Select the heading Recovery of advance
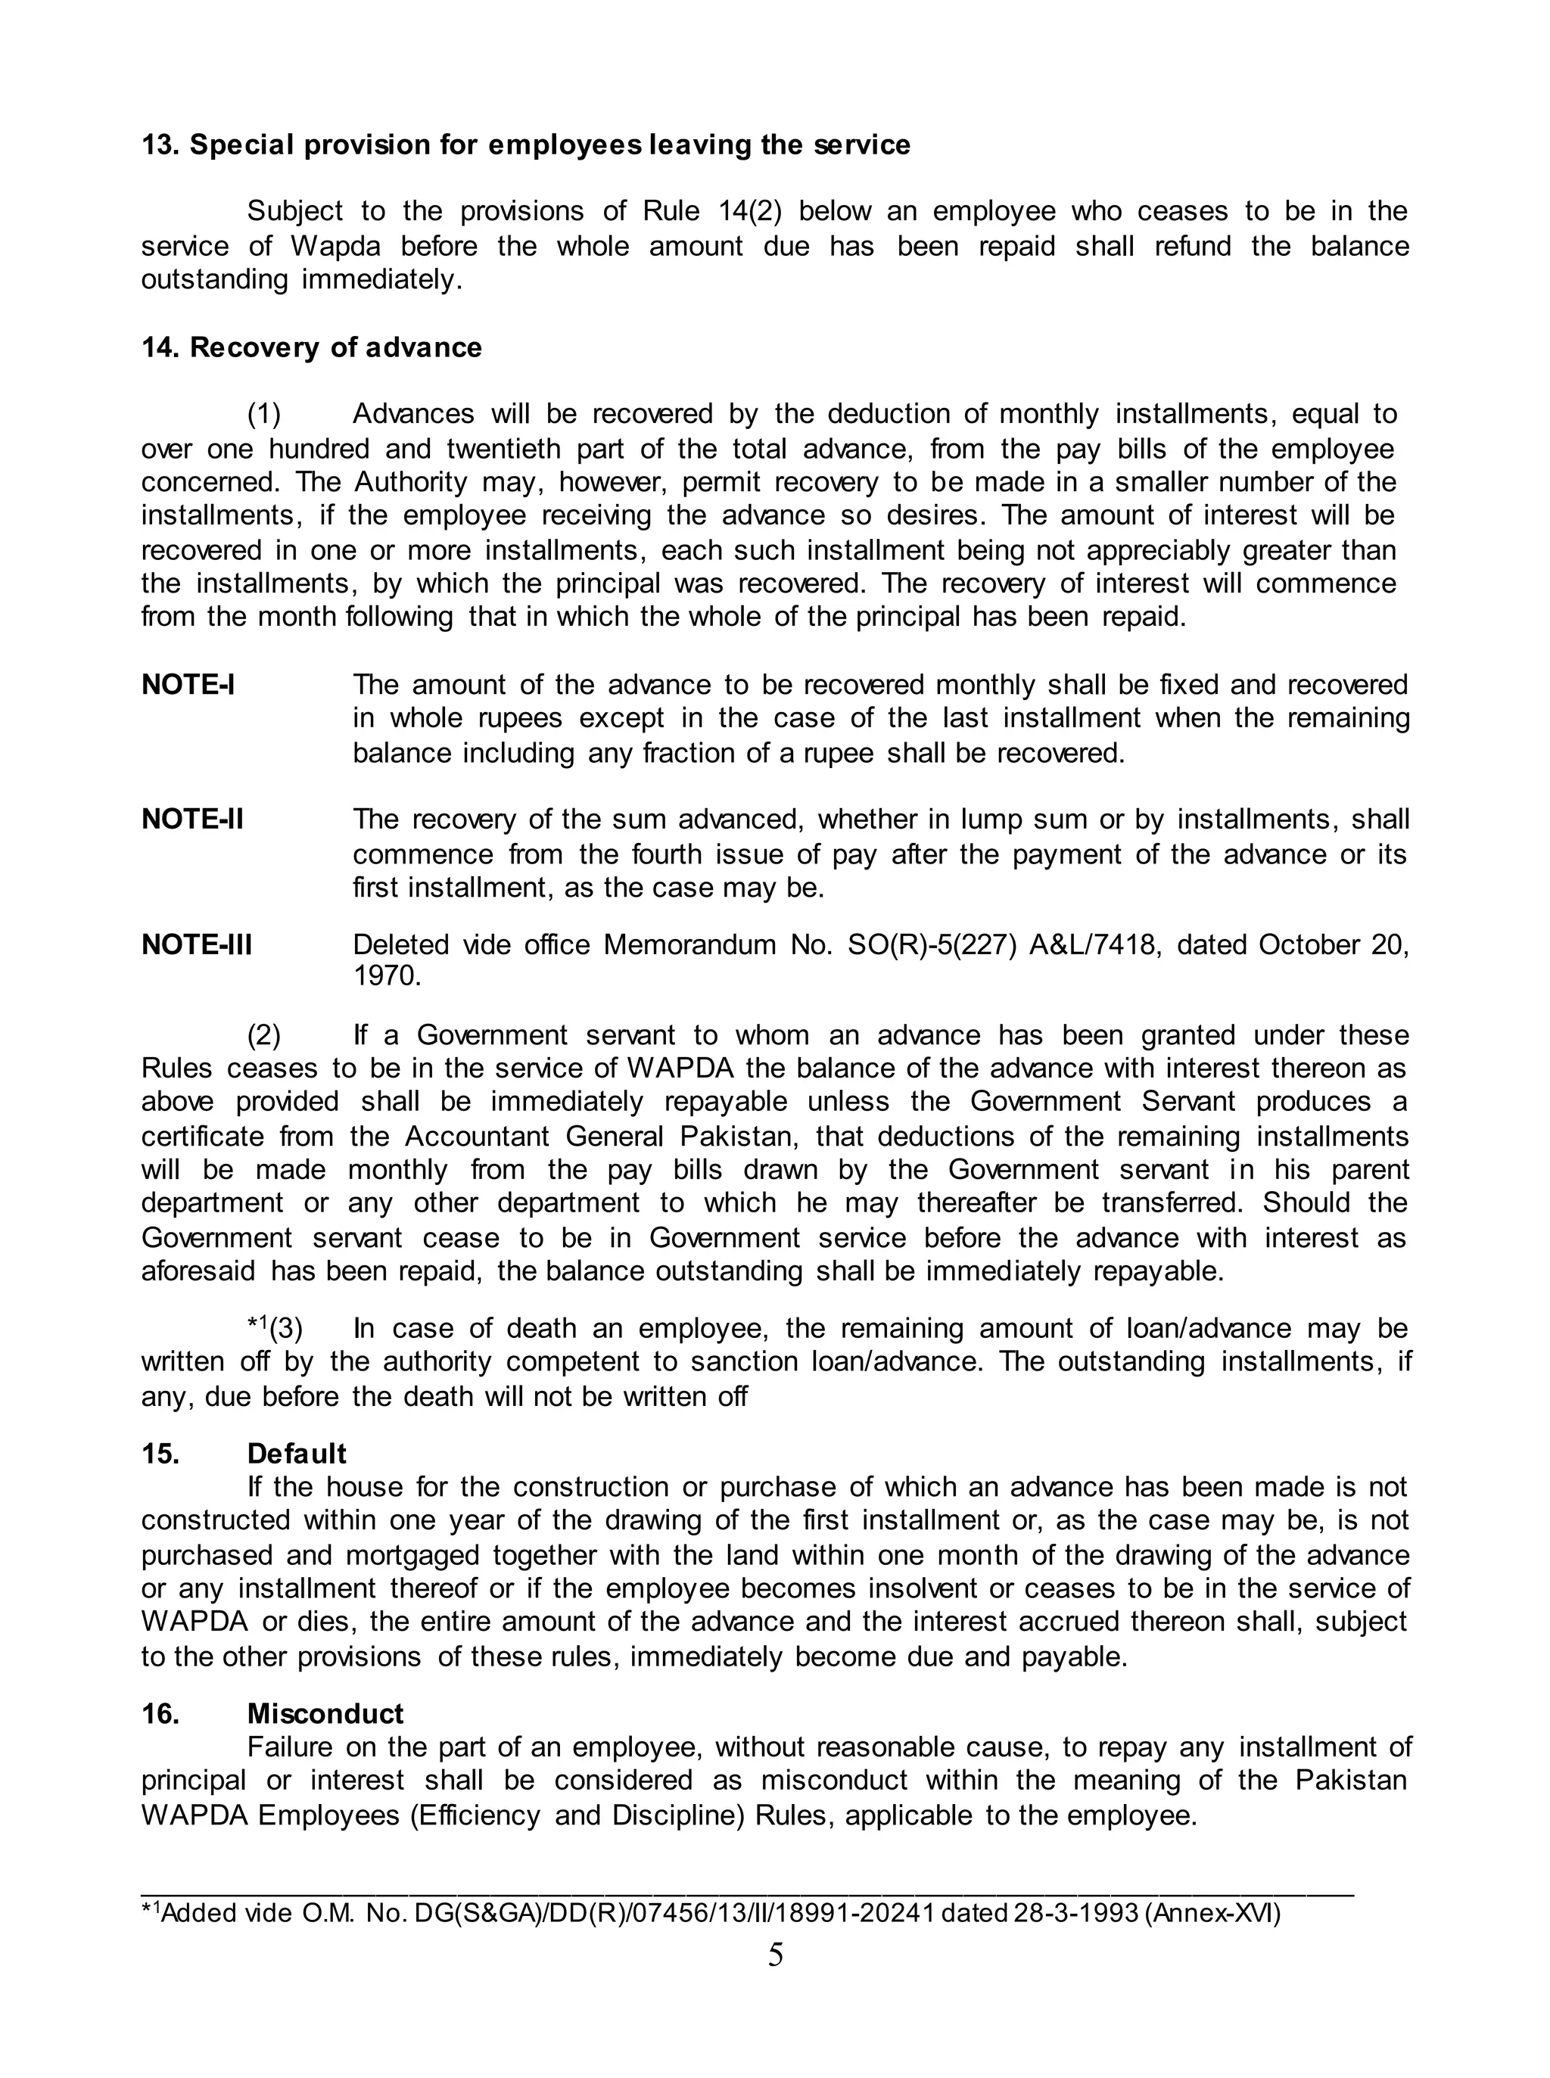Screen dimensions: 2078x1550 click(335, 348)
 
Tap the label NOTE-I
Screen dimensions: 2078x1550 click(188, 685)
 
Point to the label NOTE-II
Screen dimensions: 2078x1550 click(192, 819)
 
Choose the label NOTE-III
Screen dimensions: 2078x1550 click(197, 944)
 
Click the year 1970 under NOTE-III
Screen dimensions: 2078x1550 click(387, 977)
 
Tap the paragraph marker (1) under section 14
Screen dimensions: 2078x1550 click(263, 414)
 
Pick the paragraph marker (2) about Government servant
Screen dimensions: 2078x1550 click(263, 1036)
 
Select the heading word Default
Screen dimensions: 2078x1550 click(297, 1454)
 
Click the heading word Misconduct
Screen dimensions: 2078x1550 click(325, 1714)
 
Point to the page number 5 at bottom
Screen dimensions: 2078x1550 click(775, 1955)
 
